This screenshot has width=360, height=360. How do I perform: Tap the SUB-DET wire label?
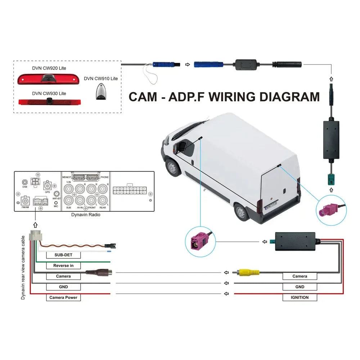tap(63, 255)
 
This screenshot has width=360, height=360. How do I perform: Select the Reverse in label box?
tap(63, 266)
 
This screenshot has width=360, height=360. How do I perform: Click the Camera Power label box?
tap(63, 298)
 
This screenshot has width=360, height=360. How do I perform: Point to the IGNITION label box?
tap(300, 297)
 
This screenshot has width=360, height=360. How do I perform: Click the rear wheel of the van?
tap(241, 212)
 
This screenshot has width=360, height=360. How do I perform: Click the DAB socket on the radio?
tap(25, 183)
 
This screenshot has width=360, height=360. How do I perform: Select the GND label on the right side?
tap(300, 287)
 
